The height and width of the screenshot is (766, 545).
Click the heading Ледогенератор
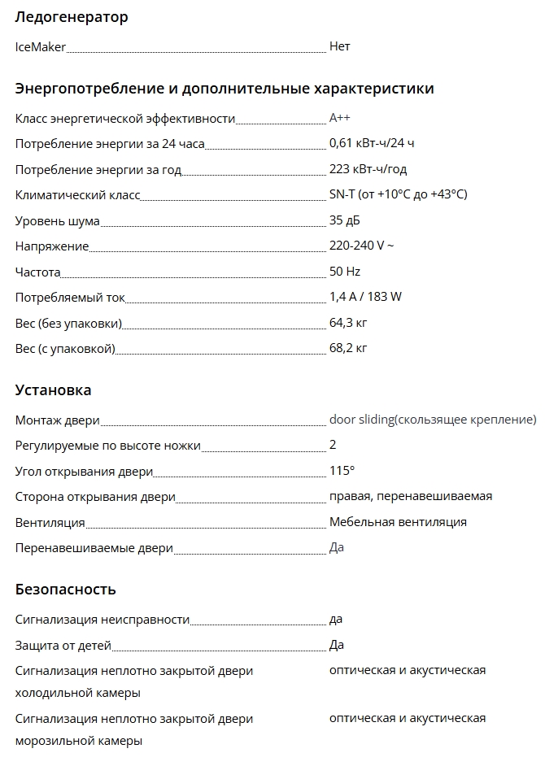tap(72, 17)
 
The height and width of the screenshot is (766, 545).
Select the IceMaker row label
tap(41, 47)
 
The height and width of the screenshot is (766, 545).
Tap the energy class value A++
tap(340, 118)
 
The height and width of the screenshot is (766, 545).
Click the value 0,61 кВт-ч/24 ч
tap(372, 144)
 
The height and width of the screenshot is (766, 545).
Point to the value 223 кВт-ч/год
tap(368, 169)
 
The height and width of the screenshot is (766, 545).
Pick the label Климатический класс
tap(78, 195)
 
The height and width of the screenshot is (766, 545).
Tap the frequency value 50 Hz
tap(345, 271)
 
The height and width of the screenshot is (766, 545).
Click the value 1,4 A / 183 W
tap(365, 297)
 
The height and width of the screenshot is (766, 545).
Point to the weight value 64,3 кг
tap(348, 323)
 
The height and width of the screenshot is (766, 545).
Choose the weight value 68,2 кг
tap(348, 349)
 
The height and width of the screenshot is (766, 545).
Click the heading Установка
tap(53, 390)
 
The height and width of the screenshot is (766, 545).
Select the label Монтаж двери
tap(57, 420)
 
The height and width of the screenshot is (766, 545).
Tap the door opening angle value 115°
tap(342, 471)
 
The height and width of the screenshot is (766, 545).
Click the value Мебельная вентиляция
tap(398, 522)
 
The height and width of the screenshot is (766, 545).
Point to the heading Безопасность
tap(65, 590)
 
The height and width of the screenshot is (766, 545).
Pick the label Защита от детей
tap(63, 646)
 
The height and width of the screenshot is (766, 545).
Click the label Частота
tap(38, 272)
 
